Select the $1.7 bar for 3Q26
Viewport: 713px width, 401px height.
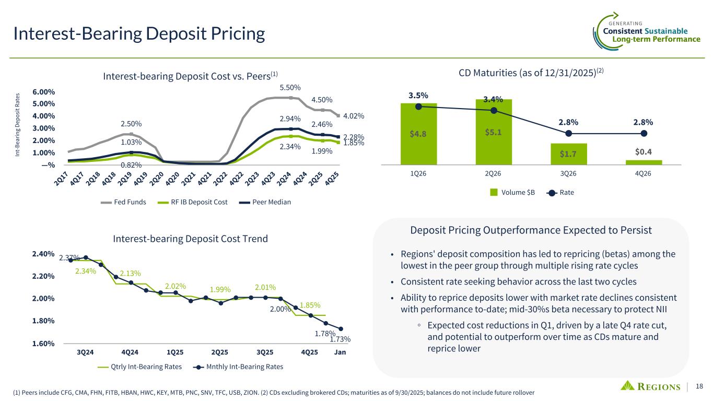click(568, 154)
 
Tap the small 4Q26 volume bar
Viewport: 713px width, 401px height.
click(644, 162)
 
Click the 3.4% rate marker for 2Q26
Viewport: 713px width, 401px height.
click(494, 110)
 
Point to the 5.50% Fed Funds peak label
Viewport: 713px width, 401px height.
click(290, 87)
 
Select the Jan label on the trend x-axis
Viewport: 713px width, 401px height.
click(340, 352)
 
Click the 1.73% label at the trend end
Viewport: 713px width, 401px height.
click(340, 339)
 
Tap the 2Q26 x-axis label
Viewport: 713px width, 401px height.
click(494, 174)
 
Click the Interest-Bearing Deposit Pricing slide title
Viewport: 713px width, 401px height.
click(139, 34)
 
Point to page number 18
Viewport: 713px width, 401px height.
click(700, 386)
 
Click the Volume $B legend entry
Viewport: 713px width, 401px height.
click(512, 193)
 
